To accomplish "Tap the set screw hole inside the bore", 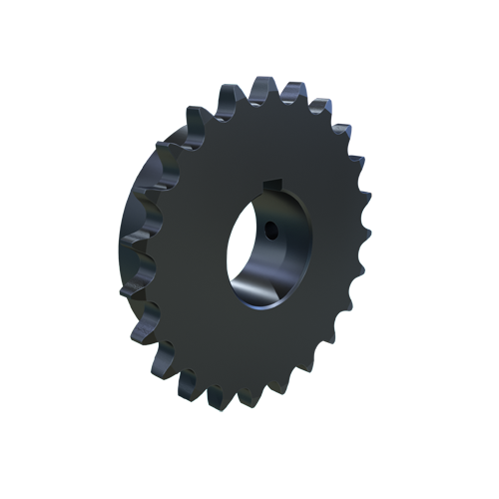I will [x=271, y=232].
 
